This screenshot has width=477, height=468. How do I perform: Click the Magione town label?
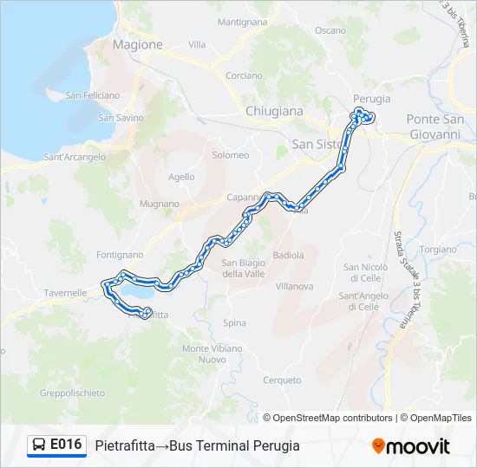click(x=138, y=44)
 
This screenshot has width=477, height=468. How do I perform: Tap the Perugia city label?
click(x=371, y=99)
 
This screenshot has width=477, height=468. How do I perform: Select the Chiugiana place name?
click(x=274, y=111)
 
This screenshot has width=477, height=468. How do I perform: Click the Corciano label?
click(x=244, y=75)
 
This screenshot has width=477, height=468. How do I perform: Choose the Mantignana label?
click(x=242, y=22)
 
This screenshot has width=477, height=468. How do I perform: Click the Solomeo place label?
click(x=231, y=155)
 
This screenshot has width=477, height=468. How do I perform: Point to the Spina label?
click(x=234, y=323)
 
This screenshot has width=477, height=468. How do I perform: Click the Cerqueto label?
click(x=282, y=380)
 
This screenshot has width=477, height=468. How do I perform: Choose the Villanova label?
click(x=294, y=285)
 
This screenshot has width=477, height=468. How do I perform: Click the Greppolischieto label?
click(x=72, y=393)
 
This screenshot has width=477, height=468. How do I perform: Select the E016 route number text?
click(x=66, y=445)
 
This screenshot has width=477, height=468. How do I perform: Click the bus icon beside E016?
click(x=39, y=445)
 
